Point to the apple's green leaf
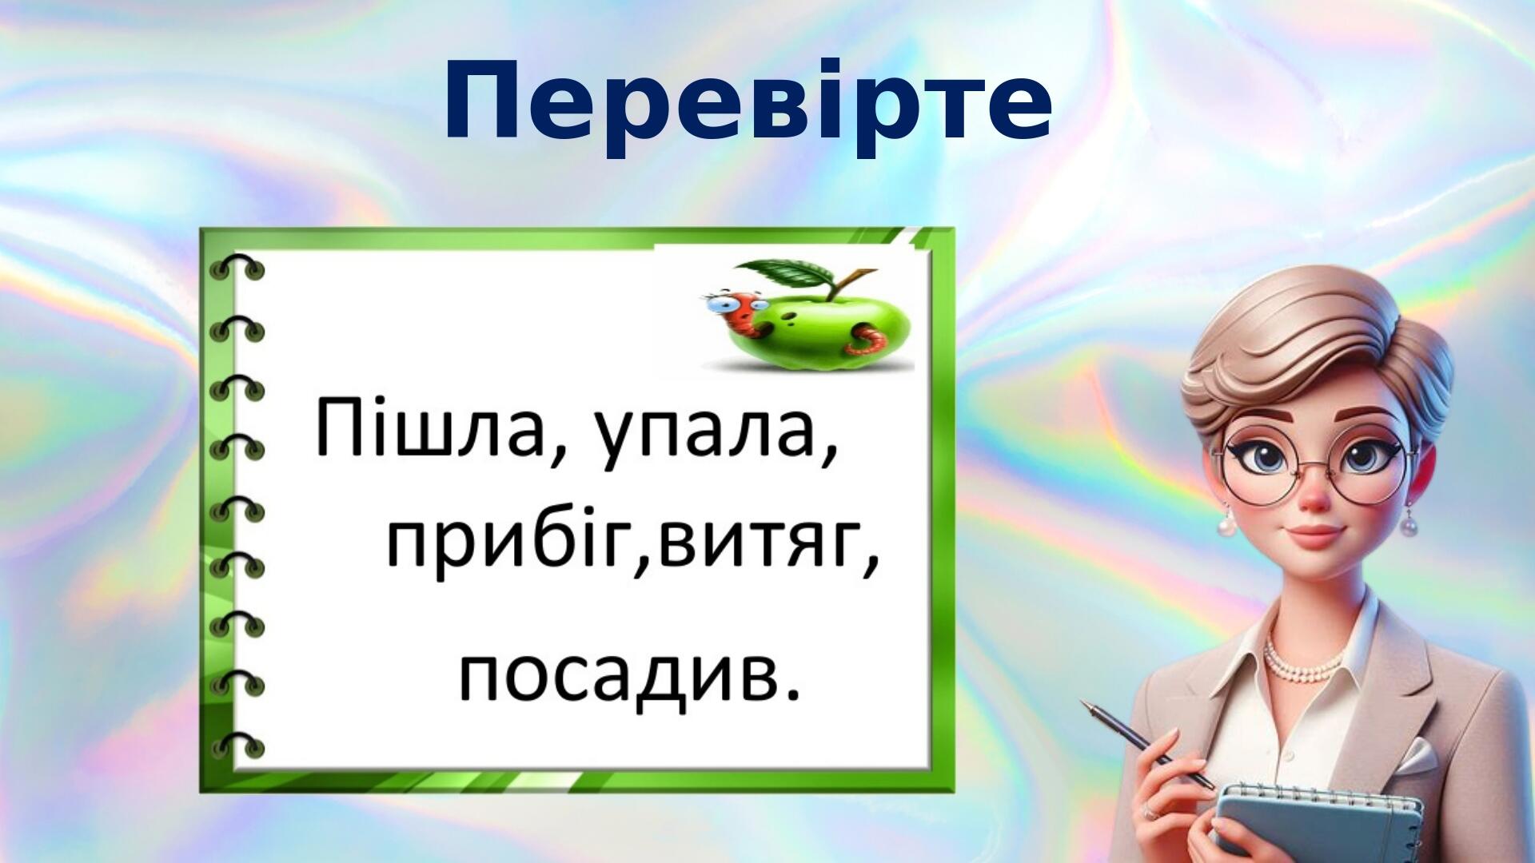(787, 274)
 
